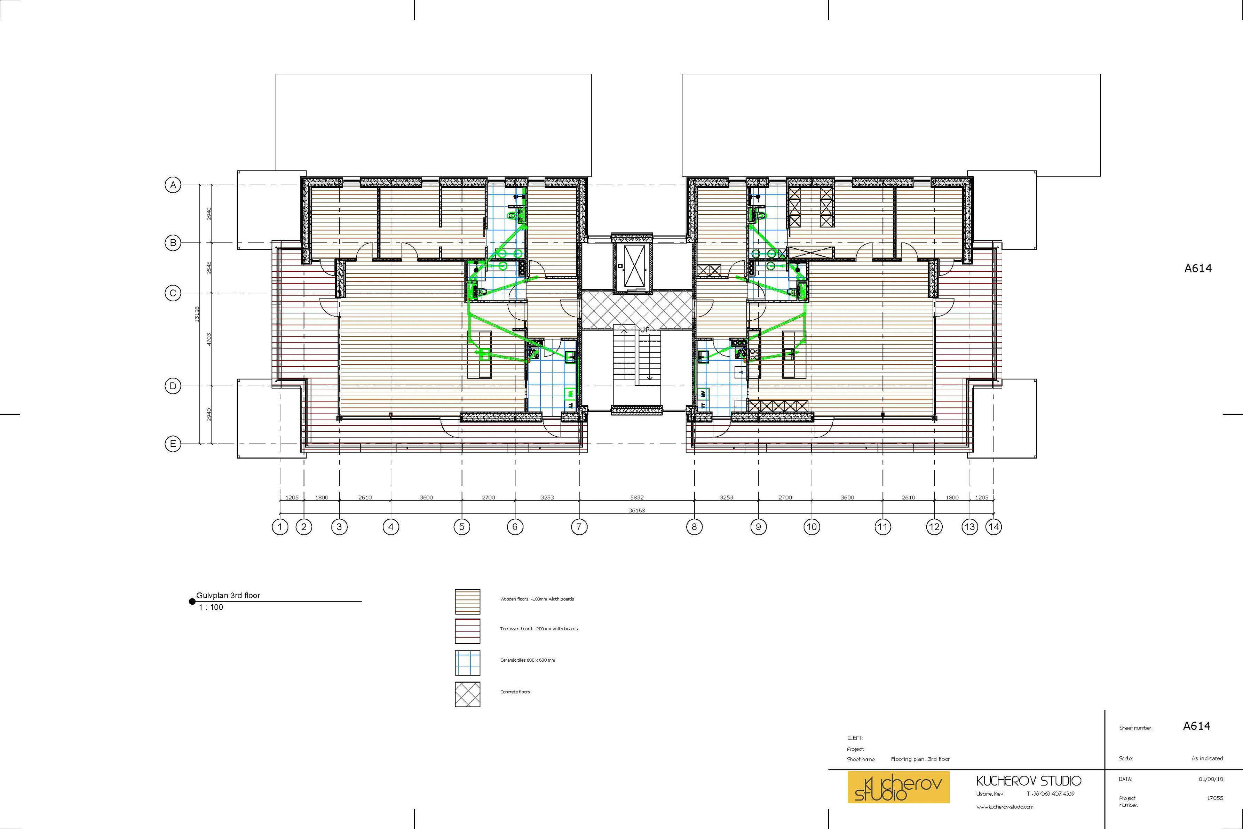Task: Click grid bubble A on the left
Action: (x=172, y=185)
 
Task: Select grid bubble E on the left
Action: (x=172, y=444)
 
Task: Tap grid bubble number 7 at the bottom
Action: (x=579, y=527)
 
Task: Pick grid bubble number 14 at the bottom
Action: (x=993, y=527)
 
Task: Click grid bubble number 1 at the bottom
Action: (x=280, y=527)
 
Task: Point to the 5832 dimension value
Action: (x=636, y=497)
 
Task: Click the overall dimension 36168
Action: (x=636, y=511)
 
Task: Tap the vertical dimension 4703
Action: (x=209, y=340)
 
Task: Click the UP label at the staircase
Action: (x=644, y=330)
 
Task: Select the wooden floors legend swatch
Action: (x=467, y=601)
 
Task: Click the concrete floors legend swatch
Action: (x=467, y=694)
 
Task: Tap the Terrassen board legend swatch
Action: (x=467, y=631)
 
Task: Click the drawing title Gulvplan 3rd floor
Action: (x=228, y=595)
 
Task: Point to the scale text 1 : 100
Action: (x=211, y=607)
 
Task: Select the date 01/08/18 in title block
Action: (x=1210, y=779)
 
